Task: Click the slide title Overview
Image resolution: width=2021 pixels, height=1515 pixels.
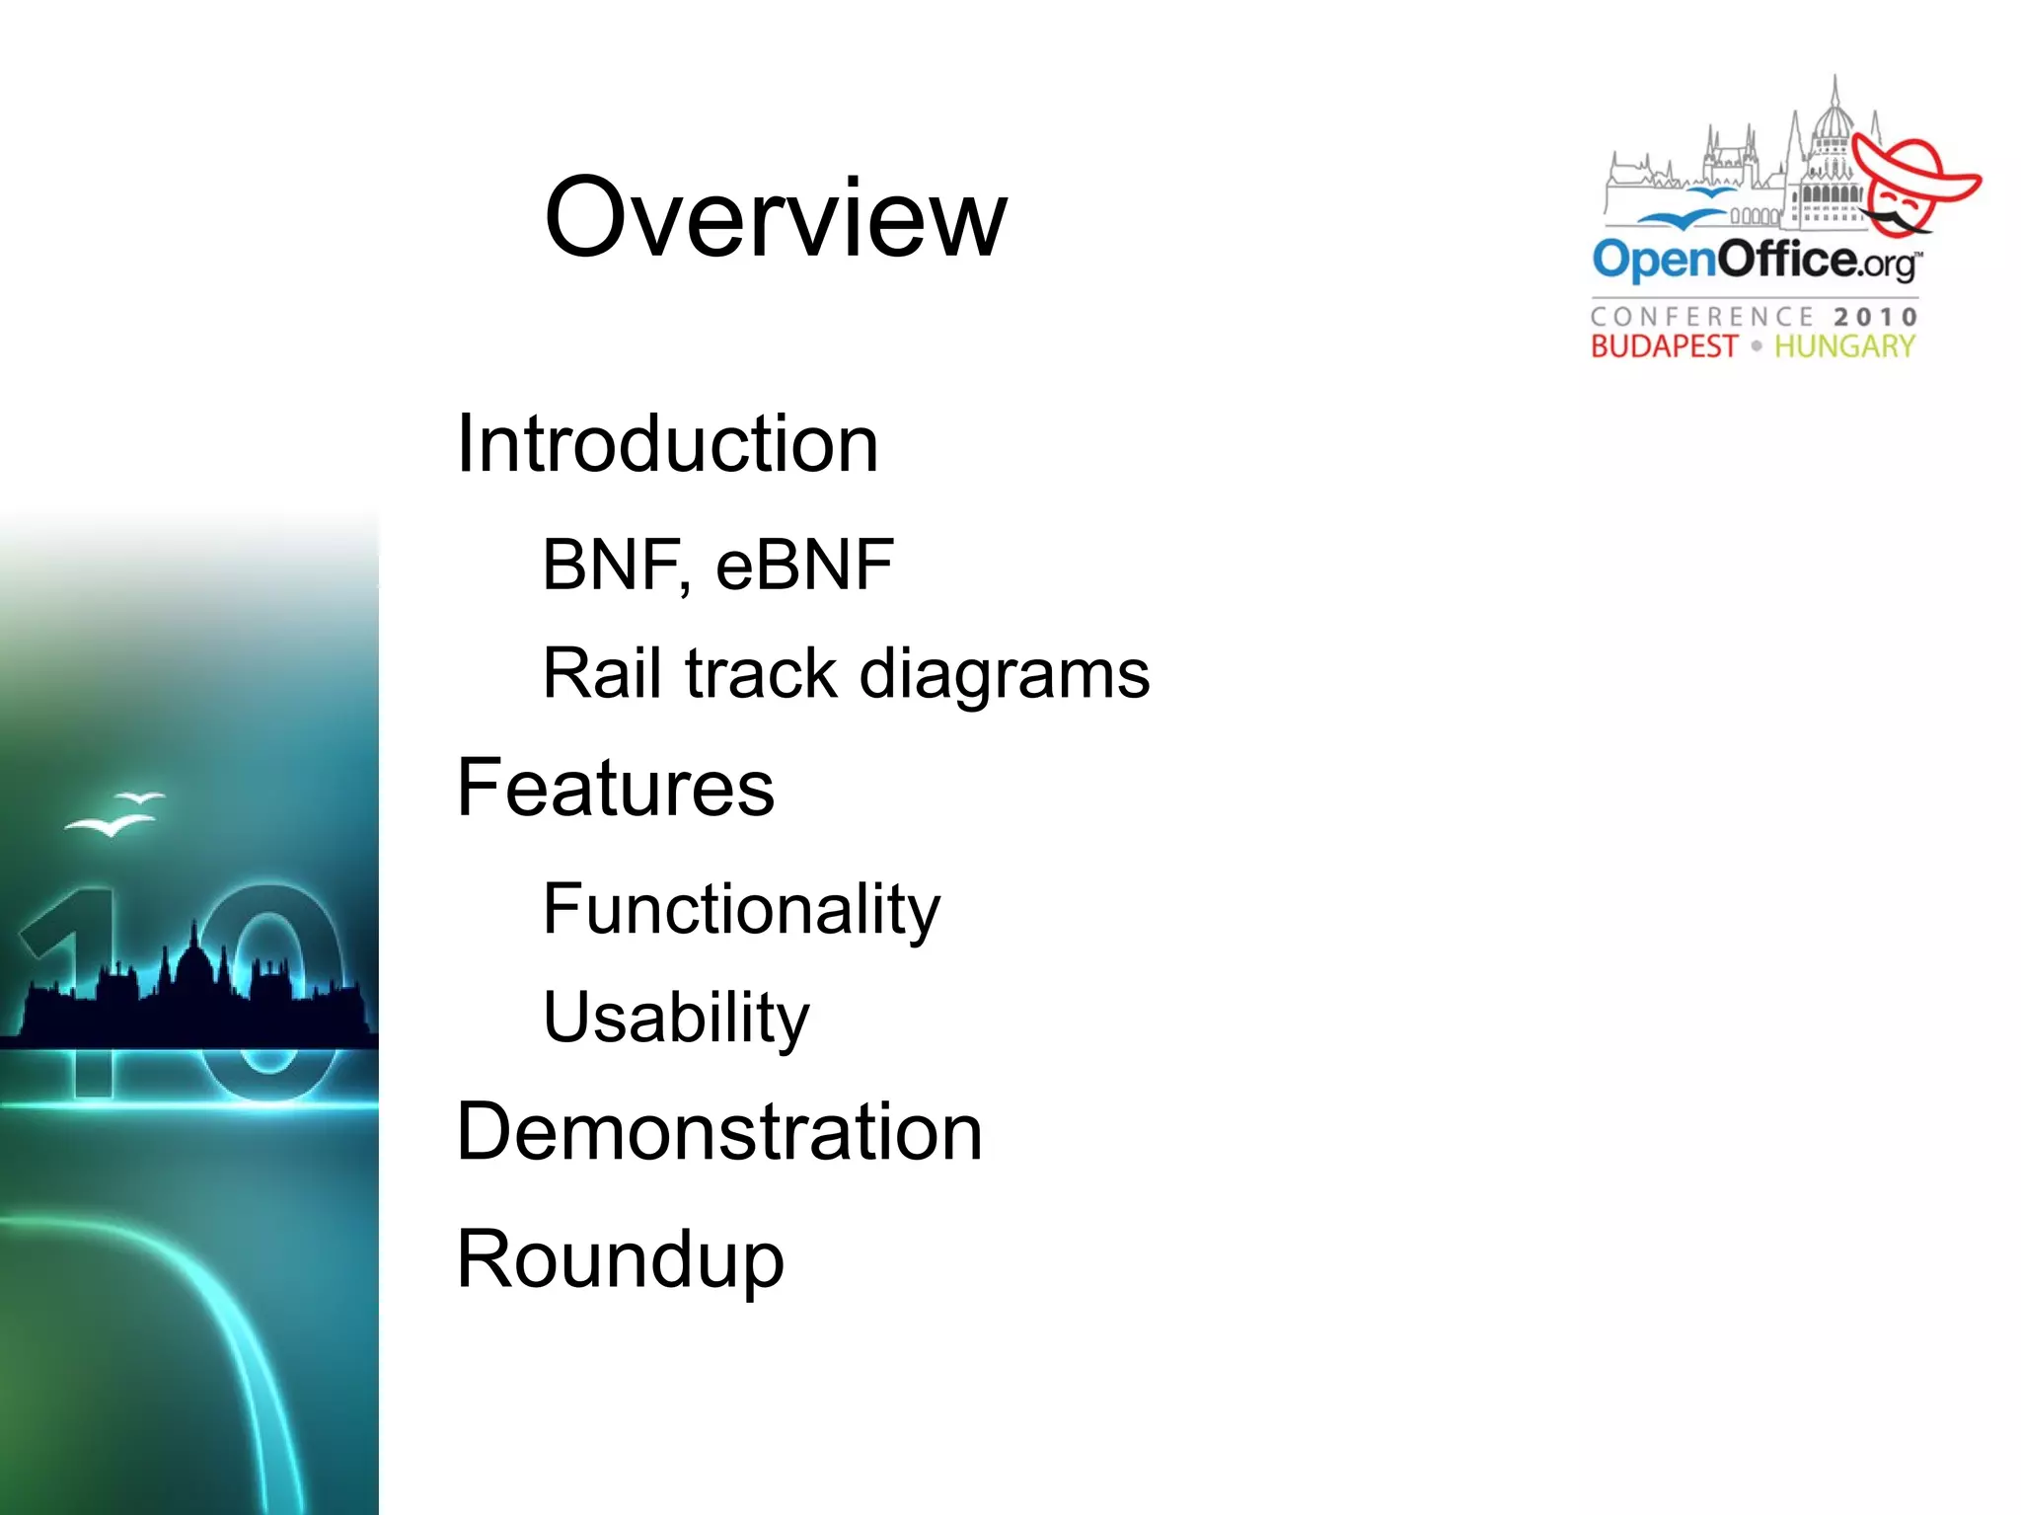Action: coord(776,218)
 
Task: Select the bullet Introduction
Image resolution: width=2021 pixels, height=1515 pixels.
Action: coord(667,444)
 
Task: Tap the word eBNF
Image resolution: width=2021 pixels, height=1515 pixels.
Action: coord(804,566)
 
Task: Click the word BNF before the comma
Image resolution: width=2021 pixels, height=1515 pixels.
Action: coord(610,566)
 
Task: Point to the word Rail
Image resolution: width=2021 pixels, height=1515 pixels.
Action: coord(602,674)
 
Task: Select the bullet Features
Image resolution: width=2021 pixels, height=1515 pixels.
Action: coord(616,788)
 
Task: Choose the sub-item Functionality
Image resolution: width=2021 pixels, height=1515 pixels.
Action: coord(741,910)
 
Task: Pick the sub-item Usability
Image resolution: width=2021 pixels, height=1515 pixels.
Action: coord(676,1018)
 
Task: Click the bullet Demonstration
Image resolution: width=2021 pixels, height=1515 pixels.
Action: coord(719,1132)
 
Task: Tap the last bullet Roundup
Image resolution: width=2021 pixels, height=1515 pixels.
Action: coord(620,1259)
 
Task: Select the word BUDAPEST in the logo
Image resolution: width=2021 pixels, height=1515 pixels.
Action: coord(1663,346)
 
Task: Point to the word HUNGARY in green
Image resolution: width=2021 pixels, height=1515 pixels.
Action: coord(1844,346)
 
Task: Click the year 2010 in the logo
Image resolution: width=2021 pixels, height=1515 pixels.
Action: coord(1875,317)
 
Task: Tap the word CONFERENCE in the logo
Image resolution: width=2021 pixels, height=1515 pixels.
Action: coord(1702,317)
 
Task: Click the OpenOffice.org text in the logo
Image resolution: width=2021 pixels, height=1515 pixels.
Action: coord(1755,260)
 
